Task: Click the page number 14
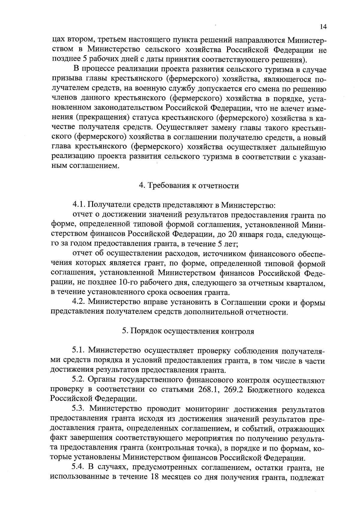click(323, 27)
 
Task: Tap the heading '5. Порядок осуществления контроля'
click(188, 331)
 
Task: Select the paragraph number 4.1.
click(79, 205)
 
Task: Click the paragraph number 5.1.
click(79, 350)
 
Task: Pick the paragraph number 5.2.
click(79, 380)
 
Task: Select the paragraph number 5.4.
click(79, 468)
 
